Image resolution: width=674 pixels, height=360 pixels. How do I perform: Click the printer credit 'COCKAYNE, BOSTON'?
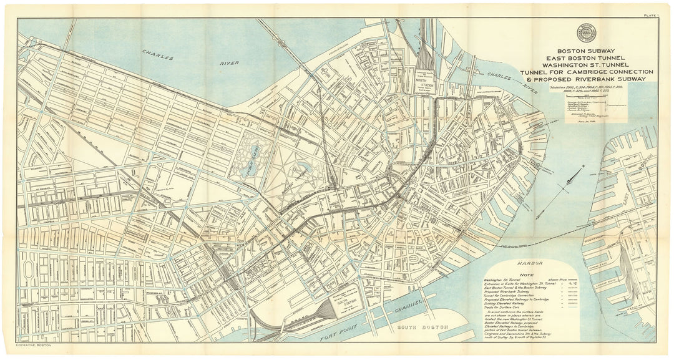(x=35, y=345)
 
